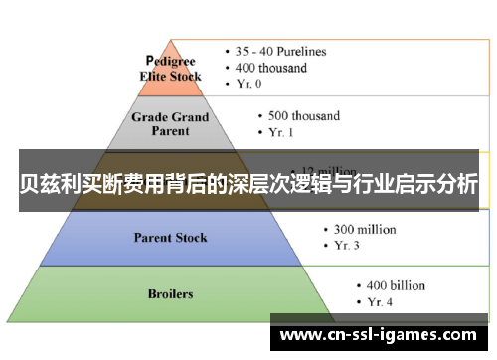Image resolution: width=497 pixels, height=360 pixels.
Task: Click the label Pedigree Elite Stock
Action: point(172,69)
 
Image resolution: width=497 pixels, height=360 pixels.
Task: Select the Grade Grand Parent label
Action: point(171,123)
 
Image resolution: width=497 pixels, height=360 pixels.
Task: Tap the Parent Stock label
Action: point(171,237)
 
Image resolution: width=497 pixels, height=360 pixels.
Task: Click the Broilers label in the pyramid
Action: point(171,293)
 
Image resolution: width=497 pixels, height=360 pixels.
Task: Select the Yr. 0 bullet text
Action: point(251,84)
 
